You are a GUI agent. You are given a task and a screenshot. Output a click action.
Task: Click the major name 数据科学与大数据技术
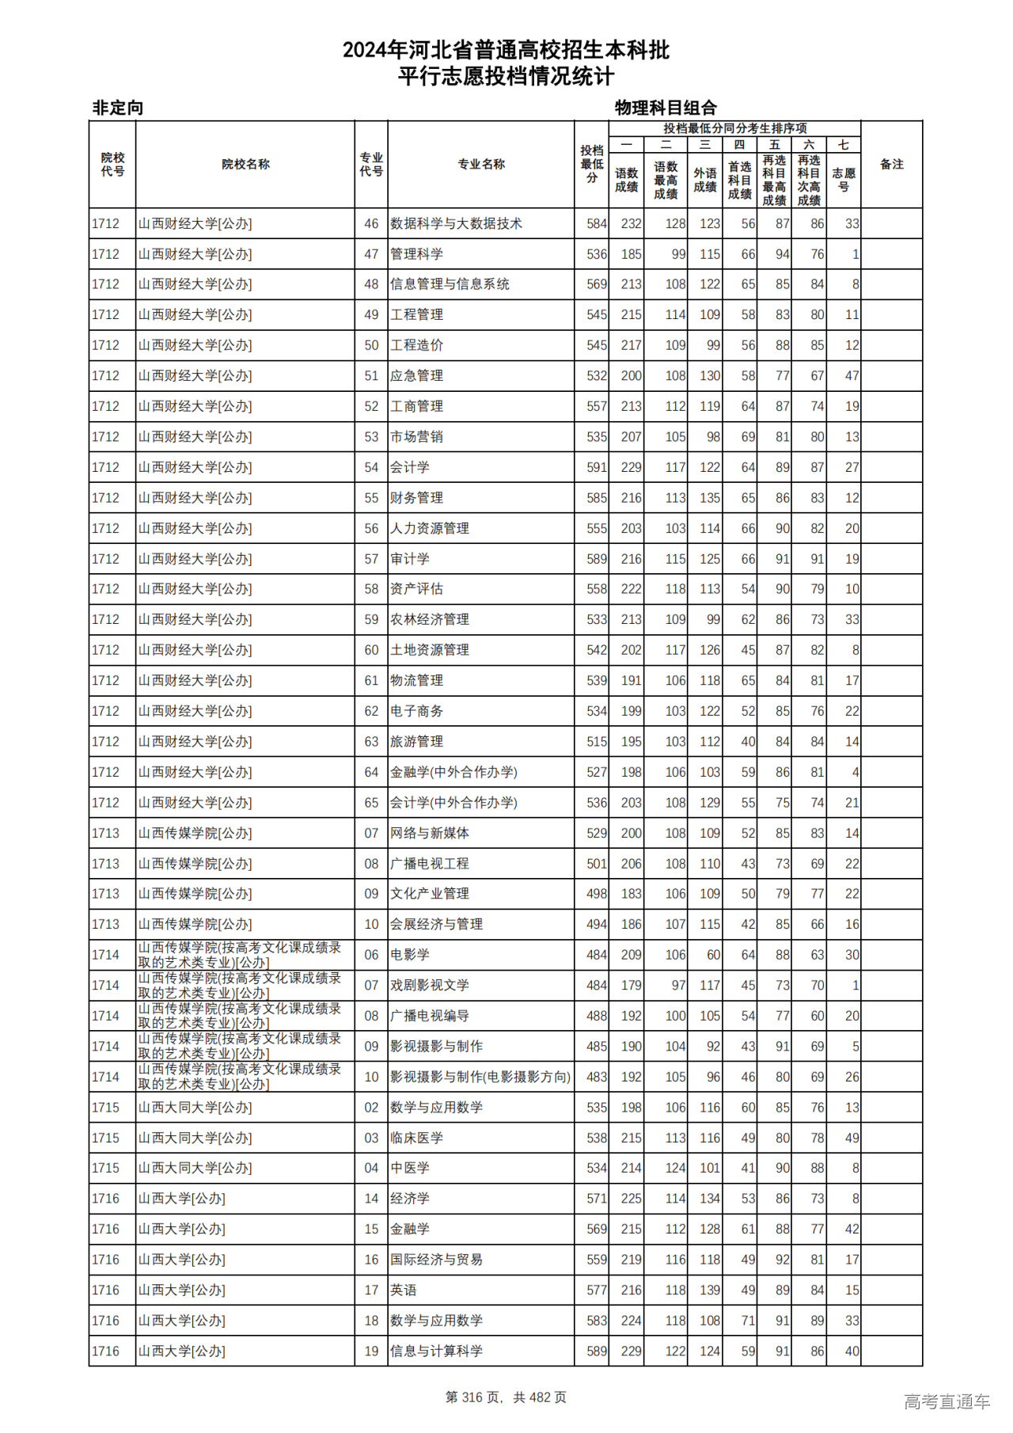(x=456, y=224)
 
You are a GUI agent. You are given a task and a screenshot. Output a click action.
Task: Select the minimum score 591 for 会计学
(x=596, y=468)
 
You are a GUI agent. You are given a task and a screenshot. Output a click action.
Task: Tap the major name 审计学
(x=410, y=559)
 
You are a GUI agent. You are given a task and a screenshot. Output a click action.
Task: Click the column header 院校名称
(x=245, y=165)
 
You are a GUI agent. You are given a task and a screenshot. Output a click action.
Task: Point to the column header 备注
(x=891, y=165)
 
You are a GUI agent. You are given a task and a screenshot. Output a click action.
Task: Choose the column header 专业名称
(x=481, y=165)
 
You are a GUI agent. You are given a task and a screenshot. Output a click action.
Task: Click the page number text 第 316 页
(x=475, y=1397)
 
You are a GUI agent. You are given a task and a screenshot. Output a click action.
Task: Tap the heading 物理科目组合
(x=666, y=108)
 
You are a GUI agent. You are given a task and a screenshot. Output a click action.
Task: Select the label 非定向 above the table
(x=118, y=108)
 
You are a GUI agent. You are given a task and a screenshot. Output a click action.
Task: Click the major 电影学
(x=410, y=955)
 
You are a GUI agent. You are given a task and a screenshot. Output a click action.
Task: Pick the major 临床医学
(x=416, y=1138)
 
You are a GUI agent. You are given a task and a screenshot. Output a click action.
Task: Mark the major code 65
(x=371, y=803)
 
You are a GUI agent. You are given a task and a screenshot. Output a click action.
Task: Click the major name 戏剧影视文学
(x=430, y=986)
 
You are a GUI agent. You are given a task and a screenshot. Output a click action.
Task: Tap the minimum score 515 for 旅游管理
(x=596, y=742)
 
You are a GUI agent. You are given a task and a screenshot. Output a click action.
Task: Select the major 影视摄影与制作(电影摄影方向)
(x=480, y=1077)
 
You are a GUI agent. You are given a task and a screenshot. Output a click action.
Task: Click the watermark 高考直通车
(x=947, y=1402)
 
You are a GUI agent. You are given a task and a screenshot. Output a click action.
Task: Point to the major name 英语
(x=404, y=1290)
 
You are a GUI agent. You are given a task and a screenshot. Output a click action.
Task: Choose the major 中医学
(x=410, y=1169)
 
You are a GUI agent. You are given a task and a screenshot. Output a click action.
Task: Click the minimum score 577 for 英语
(x=596, y=1290)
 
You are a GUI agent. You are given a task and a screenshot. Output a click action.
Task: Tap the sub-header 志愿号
(x=844, y=180)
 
